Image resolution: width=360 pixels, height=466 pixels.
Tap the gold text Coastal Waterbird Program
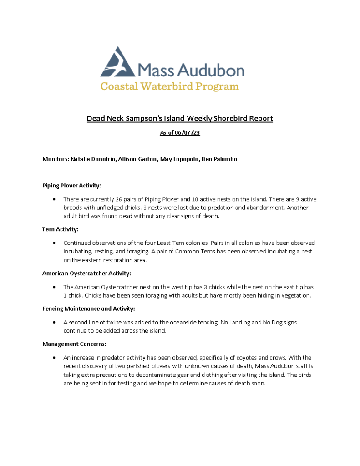pos(170,86)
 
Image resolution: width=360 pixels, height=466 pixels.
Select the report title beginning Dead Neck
pos(180,119)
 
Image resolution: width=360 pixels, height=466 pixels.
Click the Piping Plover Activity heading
pos(71,186)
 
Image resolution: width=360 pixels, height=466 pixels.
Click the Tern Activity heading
pos(60,229)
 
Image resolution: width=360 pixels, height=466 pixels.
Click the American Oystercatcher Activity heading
pos(86,274)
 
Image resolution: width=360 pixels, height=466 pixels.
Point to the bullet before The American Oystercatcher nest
pos(55,288)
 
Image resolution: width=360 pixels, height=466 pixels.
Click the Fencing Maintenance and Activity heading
pos(88,309)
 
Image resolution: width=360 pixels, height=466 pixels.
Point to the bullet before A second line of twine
pos(55,323)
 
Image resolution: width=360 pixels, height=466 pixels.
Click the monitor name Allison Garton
pos(140,159)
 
